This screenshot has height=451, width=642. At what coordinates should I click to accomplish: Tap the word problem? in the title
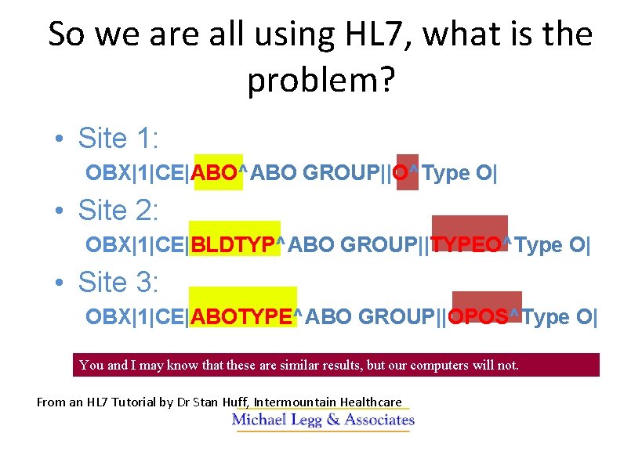(x=321, y=79)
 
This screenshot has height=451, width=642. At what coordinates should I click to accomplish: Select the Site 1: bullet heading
(x=118, y=139)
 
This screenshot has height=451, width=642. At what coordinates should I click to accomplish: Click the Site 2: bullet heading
(x=118, y=211)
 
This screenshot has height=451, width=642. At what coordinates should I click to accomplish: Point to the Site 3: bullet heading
(x=118, y=282)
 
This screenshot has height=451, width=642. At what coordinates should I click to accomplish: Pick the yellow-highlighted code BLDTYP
(x=234, y=245)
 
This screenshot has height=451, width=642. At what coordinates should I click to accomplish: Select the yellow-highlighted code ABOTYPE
(x=241, y=317)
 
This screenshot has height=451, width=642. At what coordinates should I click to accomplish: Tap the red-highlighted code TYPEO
(x=466, y=245)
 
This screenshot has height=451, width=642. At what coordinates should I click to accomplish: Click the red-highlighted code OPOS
(x=477, y=317)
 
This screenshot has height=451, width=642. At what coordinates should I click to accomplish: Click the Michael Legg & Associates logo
(x=322, y=420)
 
